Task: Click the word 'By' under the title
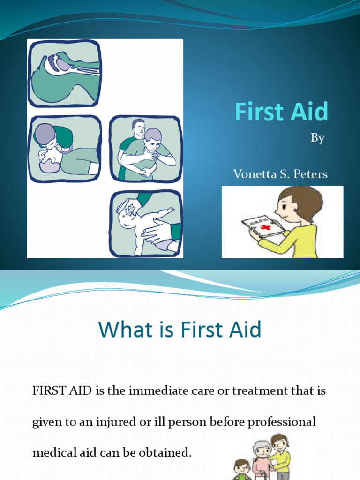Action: coord(317,139)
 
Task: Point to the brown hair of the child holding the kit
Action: coord(305,199)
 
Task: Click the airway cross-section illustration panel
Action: coord(65,74)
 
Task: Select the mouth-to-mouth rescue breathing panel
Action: coord(65,149)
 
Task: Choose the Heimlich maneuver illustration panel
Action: coord(145,149)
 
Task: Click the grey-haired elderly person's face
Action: coord(262,452)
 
